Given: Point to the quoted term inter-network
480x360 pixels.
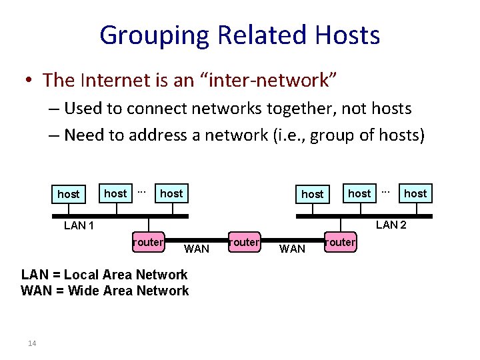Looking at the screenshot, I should click(267, 81).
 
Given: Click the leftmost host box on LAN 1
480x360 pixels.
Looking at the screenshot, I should click(68, 194).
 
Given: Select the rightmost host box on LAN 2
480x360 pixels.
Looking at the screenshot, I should click(415, 193).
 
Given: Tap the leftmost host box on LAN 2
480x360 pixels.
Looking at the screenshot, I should click(313, 194).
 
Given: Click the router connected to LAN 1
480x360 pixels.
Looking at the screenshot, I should click(148, 242).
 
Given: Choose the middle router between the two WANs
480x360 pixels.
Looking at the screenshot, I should click(243, 242).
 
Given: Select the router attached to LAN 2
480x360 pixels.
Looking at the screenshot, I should click(341, 242).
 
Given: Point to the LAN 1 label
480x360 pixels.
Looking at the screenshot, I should click(79, 225).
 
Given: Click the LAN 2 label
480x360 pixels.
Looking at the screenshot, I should click(391, 225).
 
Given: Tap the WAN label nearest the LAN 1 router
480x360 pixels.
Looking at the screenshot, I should click(196, 249).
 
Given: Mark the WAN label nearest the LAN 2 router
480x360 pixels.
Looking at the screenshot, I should click(292, 249).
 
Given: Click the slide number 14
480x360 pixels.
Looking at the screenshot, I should click(32, 343).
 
